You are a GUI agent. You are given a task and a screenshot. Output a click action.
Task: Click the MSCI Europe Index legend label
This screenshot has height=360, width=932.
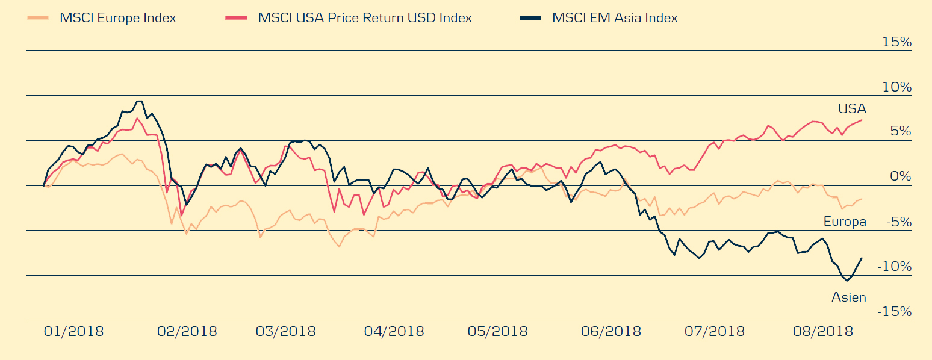[x=117, y=18]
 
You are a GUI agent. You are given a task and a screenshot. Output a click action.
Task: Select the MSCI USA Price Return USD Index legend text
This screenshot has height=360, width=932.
[x=365, y=18]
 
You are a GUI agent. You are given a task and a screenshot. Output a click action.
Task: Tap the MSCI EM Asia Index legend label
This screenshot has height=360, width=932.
[x=614, y=18]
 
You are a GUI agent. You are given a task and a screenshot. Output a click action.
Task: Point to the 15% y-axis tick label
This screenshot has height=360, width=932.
[x=896, y=42]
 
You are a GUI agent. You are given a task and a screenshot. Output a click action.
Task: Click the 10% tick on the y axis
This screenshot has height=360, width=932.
[x=896, y=87]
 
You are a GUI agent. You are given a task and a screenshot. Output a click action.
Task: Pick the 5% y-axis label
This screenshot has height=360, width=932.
[x=901, y=132]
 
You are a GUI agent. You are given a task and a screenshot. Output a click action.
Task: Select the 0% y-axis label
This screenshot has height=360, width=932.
[x=901, y=177]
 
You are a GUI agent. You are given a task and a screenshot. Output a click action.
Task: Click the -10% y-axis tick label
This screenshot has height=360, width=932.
[x=894, y=267]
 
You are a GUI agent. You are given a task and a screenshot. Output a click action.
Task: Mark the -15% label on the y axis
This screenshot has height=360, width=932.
[x=894, y=312]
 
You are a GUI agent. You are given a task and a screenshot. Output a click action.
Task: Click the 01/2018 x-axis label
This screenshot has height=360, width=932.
[x=73, y=332]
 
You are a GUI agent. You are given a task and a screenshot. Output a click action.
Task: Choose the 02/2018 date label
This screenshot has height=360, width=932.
[x=187, y=332]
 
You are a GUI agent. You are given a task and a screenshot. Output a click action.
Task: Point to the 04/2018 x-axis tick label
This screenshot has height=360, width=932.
[x=394, y=332]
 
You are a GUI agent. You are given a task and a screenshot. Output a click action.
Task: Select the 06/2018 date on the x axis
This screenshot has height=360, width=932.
[x=610, y=332]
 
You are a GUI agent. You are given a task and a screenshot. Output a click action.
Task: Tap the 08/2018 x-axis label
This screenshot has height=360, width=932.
[x=823, y=332]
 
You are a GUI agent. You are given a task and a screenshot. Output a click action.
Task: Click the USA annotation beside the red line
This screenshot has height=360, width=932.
[x=852, y=109]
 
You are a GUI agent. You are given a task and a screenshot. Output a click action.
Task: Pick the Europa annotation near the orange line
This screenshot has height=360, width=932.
[x=845, y=222]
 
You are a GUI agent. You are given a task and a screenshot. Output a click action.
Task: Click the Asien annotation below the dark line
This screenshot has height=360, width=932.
[x=848, y=297]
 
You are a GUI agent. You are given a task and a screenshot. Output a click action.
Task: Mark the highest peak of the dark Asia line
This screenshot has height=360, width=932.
[x=139, y=101]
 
